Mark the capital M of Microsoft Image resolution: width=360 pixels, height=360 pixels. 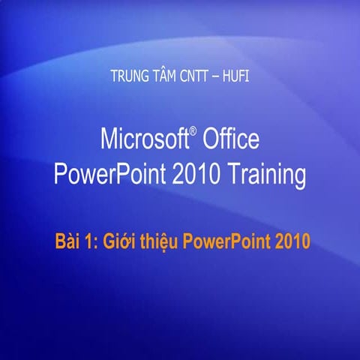tap(109, 139)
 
